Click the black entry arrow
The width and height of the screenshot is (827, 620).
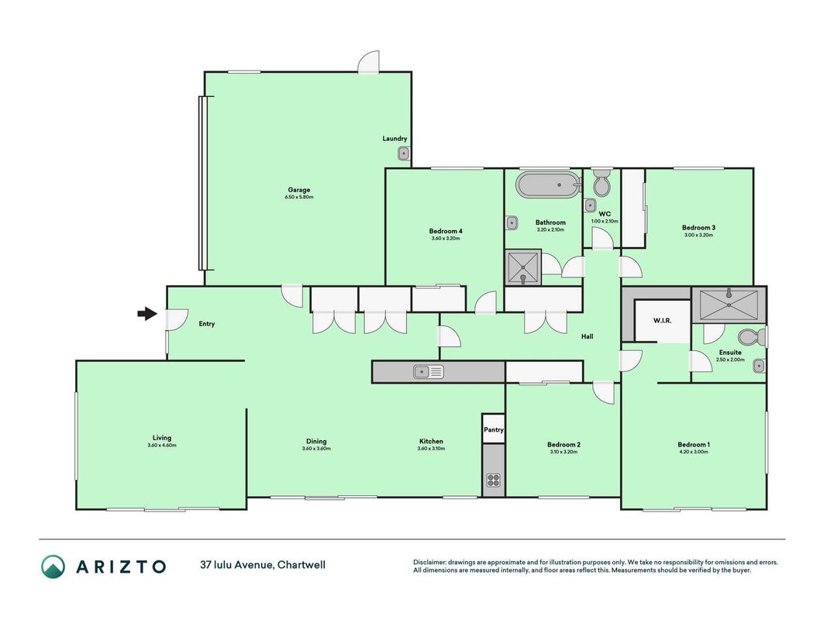(147, 314)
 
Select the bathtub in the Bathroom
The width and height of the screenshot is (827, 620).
(548, 184)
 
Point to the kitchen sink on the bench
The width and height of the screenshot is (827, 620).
(429, 372)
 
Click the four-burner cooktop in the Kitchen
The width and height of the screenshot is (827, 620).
(494, 480)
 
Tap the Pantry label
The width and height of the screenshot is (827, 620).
(494, 429)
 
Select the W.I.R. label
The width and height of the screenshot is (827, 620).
(663, 321)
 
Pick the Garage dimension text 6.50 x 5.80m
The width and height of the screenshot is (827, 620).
(299, 197)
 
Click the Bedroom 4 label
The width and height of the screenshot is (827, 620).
(446, 231)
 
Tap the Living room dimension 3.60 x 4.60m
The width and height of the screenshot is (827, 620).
(162, 446)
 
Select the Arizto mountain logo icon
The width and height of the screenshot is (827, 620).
(53, 567)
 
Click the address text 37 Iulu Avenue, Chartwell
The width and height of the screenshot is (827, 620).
(263, 565)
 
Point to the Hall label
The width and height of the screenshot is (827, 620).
(587, 336)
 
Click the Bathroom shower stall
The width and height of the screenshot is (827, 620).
(522, 268)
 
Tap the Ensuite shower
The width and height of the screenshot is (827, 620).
(729, 305)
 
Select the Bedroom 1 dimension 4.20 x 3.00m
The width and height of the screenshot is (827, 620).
(694, 452)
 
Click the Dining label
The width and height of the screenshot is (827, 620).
(316, 441)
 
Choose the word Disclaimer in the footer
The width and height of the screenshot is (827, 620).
(429, 563)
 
